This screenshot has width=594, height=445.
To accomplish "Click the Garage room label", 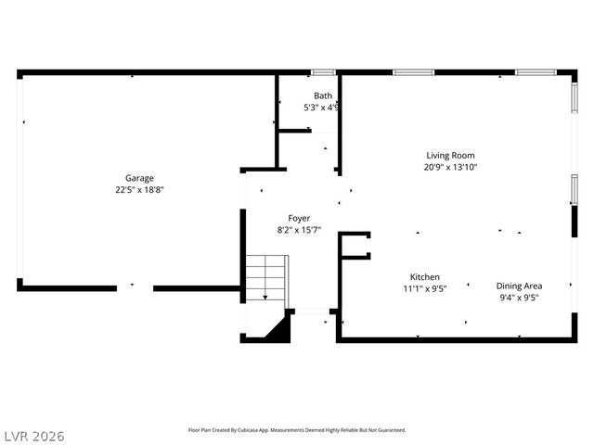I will tap(140, 178).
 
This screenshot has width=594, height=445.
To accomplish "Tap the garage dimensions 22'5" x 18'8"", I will tap(140, 190).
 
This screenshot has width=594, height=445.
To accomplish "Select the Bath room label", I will tap(322, 95).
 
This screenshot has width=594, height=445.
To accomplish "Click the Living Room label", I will tap(450, 156).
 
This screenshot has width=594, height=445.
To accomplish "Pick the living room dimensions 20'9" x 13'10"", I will tap(450, 168).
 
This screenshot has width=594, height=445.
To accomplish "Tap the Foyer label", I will tap(299, 218).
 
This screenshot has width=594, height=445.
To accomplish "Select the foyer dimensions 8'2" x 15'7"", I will tap(299, 230).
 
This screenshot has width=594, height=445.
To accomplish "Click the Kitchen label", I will tap(425, 277).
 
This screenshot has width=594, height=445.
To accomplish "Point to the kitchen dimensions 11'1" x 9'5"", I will tap(425, 289).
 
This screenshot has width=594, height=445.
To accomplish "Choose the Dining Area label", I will tap(519, 286).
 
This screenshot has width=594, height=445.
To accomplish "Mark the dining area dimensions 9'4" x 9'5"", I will tap(519, 299).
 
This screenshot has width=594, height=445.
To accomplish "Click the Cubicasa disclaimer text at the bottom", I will tap(297, 430).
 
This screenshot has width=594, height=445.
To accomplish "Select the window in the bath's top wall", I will tap(323, 72).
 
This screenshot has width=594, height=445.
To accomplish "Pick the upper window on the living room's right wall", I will tap(575, 97).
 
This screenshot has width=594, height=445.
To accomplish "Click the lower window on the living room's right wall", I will tap(575, 190).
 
